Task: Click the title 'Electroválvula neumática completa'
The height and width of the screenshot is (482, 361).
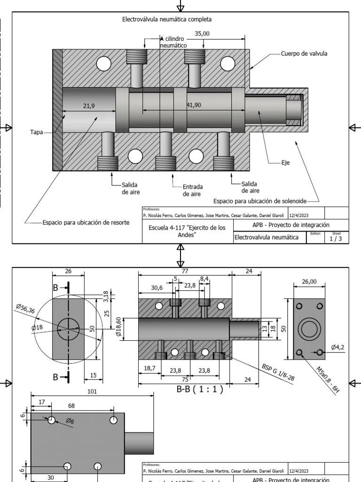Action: click(x=167, y=20)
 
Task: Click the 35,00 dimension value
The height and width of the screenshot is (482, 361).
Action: click(x=202, y=33)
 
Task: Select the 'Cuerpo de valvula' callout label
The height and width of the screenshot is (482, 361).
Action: click(x=304, y=54)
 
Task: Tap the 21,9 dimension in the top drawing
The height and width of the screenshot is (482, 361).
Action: click(x=89, y=106)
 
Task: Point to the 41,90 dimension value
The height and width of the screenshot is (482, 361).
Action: click(x=193, y=105)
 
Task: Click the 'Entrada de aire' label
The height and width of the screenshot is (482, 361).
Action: click(x=192, y=190)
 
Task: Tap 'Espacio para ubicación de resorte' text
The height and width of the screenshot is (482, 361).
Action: click(x=86, y=222)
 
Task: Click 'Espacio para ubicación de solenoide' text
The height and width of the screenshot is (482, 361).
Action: click(x=259, y=201)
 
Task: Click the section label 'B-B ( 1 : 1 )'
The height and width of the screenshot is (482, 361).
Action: click(x=199, y=389)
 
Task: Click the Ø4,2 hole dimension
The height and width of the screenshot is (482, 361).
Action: click(x=338, y=347)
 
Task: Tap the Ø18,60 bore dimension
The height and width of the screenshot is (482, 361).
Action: click(x=119, y=328)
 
